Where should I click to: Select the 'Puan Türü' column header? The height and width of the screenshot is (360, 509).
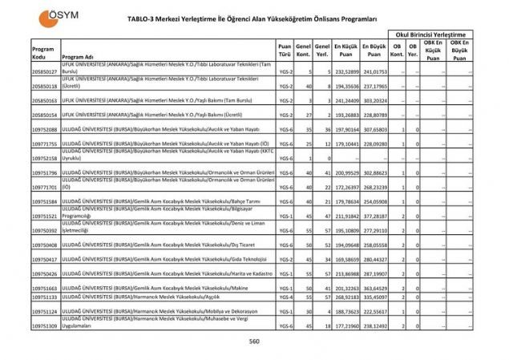pyautogui.click(x=285, y=51)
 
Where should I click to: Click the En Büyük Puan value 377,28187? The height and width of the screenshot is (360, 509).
pyautogui.click(x=374, y=215)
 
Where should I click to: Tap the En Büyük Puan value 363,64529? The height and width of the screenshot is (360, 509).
pyautogui.click(x=374, y=287)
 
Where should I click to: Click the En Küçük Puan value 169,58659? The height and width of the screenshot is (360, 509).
pyautogui.click(x=346, y=259)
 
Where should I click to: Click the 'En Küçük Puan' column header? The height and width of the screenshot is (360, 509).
pyautogui.click(x=346, y=51)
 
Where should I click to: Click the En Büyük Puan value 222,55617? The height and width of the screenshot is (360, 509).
pyautogui.click(x=374, y=311)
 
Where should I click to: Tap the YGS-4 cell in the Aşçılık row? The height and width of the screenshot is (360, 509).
pyautogui.click(x=285, y=297)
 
